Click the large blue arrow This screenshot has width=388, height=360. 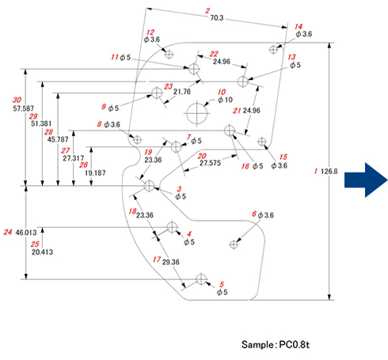[x=366, y=180]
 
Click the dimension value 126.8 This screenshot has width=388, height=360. [x=329, y=172]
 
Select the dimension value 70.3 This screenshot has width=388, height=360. [x=217, y=17]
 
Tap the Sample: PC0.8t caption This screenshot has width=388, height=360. [x=276, y=344]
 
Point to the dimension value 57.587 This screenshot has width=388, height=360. [x=24, y=108]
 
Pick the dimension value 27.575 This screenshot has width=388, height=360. [x=210, y=163]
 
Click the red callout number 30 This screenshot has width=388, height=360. [x=17, y=100]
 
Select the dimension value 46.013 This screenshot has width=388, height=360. [x=26, y=233]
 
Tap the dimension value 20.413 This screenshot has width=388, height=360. [x=42, y=252]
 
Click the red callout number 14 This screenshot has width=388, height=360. [x=299, y=26]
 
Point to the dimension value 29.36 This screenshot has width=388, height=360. [x=171, y=262]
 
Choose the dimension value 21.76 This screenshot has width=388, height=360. [x=182, y=92]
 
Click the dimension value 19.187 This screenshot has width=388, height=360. [x=95, y=173]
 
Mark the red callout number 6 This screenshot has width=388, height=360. [x=254, y=214]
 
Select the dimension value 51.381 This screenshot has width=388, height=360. [x=41, y=123]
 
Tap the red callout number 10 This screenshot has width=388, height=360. [x=222, y=92]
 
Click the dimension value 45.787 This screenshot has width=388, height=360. [x=58, y=139]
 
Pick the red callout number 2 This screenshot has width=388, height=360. [x=207, y=11]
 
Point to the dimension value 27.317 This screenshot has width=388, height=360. [x=74, y=158]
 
